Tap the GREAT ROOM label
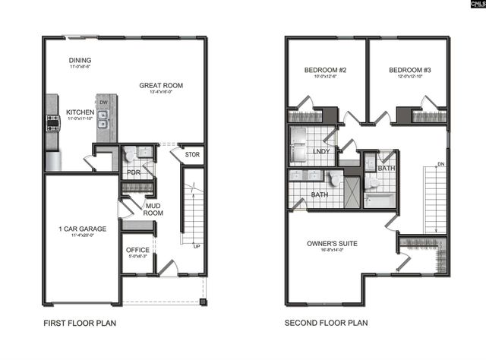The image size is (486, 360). pos(161,86)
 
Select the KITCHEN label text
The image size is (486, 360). pos(80,112)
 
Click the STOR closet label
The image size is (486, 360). pos(192,156)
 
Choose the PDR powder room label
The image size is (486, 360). pos(133,172)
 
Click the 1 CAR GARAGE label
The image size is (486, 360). pos(82,229)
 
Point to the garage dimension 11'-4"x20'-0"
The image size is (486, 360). pos(82,236)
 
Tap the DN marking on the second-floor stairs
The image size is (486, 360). pos(440,165)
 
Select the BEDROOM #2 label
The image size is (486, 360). pos(325,71)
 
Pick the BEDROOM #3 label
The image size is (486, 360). pos(409,71)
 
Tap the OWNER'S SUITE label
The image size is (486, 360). pos(332,243)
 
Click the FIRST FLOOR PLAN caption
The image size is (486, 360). pos(80,323)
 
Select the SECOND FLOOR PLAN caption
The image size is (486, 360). pos(326,323)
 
